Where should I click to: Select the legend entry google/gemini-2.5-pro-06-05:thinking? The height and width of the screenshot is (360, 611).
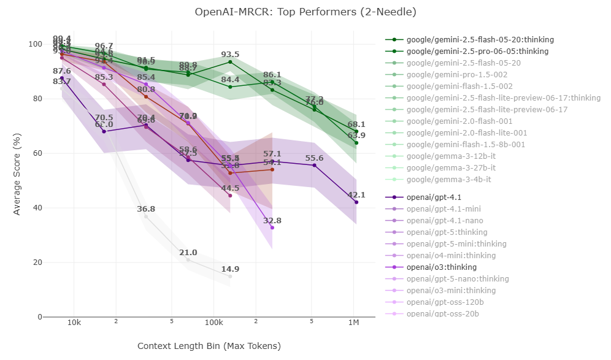tap(477, 52)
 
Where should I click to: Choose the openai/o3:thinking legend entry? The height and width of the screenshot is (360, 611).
tap(442, 267)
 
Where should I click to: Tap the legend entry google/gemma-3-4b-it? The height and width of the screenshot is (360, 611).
tap(449, 180)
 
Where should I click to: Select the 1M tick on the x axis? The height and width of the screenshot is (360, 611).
tap(354, 323)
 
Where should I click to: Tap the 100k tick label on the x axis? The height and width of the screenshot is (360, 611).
tap(213, 323)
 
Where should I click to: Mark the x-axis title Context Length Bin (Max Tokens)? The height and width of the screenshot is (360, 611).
tap(209, 346)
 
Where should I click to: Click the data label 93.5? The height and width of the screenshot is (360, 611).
tap(230, 55)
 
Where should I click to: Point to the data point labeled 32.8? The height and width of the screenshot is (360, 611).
tap(272, 228)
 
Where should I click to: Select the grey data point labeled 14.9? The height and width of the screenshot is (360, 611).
tap(230, 277)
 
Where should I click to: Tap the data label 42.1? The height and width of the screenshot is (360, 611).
tap(356, 195)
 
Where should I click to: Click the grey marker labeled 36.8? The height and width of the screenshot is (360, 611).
tap(146, 216)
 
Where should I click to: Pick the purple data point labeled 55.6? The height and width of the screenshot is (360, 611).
tap(315, 165)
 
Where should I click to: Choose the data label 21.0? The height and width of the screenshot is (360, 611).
tap(188, 253)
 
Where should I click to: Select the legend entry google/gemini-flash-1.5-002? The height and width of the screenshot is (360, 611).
tap(459, 86)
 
